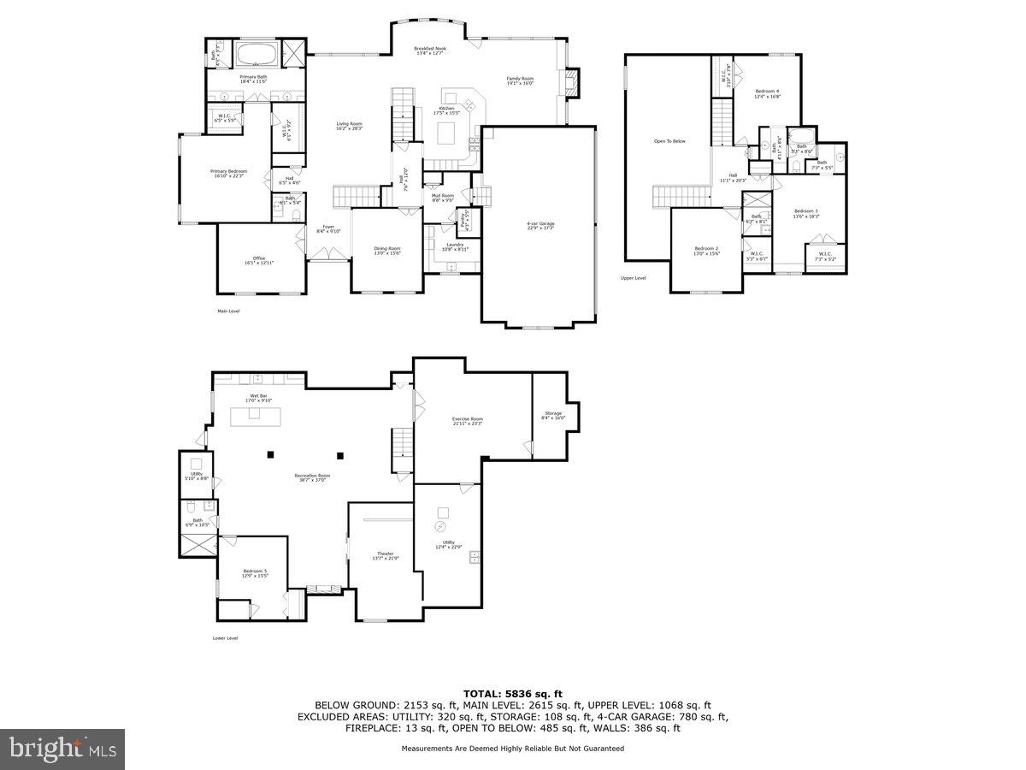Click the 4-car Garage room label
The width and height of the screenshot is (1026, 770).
click(x=540, y=224)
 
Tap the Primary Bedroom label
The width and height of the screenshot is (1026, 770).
click(x=228, y=172)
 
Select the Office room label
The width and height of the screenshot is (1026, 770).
click(x=259, y=258)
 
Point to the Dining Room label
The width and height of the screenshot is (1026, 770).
click(x=386, y=249)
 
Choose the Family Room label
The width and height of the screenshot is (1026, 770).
click(x=520, y=79)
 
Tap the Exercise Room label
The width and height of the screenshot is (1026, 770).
click(x=468, y=419)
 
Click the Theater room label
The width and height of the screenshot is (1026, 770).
click(x=385, y=554)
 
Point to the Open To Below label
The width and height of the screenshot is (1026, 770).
click(x=669, y=141)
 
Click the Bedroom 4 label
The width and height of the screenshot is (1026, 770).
click(x=767, y=92)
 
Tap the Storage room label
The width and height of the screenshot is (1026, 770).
click(x=553, y=414)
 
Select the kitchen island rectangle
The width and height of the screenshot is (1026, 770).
click(x=446, y=134)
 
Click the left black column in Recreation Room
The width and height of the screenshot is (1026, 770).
click(x=271, y=454)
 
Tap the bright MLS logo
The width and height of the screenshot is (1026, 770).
click(x=62, y=749)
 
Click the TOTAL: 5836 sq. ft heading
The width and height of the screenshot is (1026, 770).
click(x=513, y=694)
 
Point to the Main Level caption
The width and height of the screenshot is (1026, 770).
click(x=228, y=311)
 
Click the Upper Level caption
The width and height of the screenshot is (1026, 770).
click(x=634, y=278)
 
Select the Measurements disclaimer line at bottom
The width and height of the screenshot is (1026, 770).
click(x=513, y=749)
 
